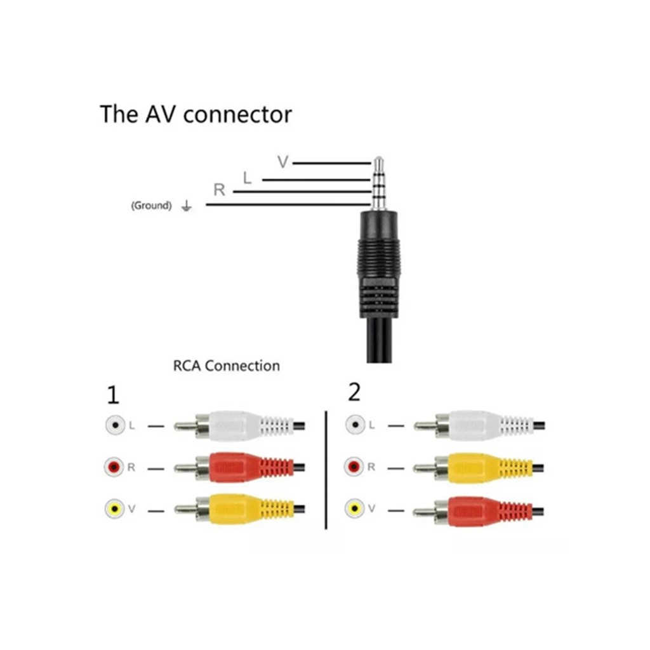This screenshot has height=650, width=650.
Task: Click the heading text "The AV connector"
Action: (196, 114)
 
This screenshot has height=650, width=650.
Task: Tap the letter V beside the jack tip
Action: (283, 162)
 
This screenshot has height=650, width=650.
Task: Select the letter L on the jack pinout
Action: (248, 178)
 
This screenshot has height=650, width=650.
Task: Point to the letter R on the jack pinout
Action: (219, 190)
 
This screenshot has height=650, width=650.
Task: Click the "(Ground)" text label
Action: (151, 206)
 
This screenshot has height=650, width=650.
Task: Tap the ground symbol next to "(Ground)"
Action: (187, 206)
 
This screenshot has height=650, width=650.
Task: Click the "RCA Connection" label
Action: (226, 366)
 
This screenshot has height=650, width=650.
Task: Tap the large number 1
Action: (113, 396)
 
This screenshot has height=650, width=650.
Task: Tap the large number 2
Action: (354, 393)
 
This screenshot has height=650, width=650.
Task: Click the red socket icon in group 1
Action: (114, 468)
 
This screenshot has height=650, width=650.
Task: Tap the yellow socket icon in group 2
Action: (354, 508)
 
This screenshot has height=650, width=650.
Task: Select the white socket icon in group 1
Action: (114, 425)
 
